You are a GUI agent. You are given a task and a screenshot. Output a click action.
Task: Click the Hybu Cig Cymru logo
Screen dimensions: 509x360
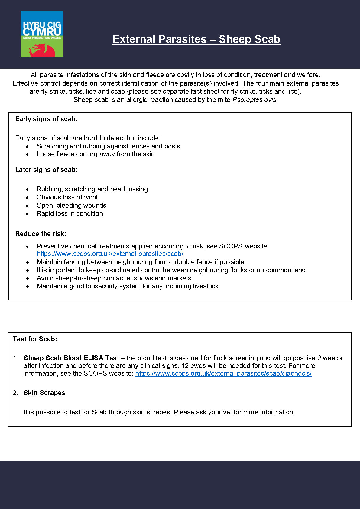pyautogui.click(x=42, y=34)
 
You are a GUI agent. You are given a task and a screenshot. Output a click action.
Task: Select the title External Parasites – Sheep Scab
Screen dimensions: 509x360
pyautogui.click(x=196, y=39)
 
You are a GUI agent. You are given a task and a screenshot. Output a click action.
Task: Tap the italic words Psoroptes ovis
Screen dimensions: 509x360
pyautogui.click(x=255, y=100)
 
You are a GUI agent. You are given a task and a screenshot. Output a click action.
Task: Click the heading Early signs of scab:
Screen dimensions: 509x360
pyautogui.click(x=46, y=119)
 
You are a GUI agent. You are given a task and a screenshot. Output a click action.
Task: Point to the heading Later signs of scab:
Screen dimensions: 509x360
pyautogui.click(x=47, y=170)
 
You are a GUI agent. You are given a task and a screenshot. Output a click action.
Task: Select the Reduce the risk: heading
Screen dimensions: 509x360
pyautogui.click(x=41, y=234)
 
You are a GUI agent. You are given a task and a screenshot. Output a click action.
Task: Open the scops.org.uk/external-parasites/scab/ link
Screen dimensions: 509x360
pyautogui.click(x=110, y=254)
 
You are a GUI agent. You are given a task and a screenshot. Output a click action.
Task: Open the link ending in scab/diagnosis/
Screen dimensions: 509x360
pyautogui.click(x=223, y=374)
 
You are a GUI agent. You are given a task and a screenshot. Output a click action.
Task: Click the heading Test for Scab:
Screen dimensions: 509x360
pyautogui.click(x=35, y=339)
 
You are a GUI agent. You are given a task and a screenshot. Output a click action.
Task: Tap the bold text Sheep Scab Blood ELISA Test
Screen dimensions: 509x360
pyautogui.click(x=71, y=358)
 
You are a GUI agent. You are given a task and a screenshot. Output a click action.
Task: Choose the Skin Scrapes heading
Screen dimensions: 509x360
pyautogui.click(x=44, y=393)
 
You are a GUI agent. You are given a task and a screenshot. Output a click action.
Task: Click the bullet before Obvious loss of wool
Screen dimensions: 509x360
pyautogui.click(x=28, y=198)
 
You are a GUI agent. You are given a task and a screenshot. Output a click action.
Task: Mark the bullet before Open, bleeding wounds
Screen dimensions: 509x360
pyautogui.click(x=28, y=206)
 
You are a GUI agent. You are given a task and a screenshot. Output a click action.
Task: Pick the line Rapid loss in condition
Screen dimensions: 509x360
pyautogui.click(x=70, y=214)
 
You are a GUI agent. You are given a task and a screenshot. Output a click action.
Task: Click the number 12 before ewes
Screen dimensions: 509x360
pyautogui.click(x=185, y=366)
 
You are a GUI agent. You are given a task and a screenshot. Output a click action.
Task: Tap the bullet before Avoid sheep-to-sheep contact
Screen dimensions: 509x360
pyautogui.click(x=28, y=278)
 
